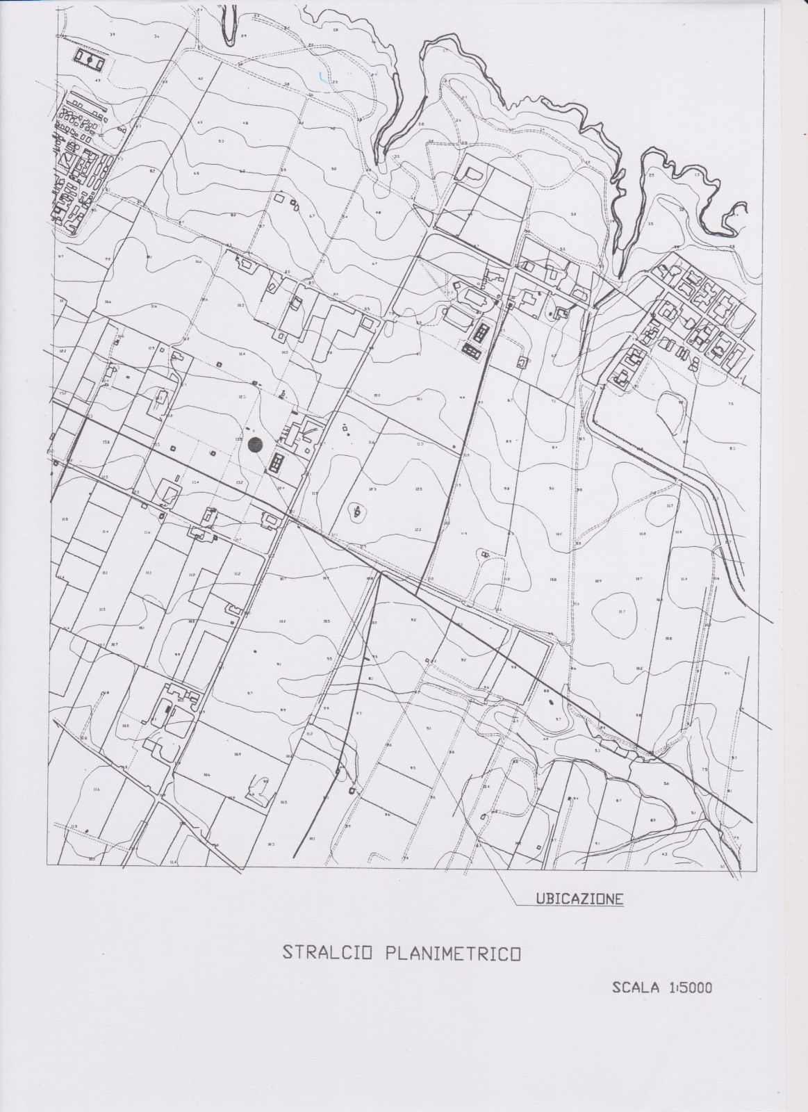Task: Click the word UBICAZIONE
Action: pos(579,898)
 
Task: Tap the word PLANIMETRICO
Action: pos(452,952)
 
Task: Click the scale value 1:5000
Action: pos(691,987)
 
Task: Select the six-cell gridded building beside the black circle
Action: pos(277,463)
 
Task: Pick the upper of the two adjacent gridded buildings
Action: pos(479,332)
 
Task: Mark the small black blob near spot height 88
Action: pos(553,702)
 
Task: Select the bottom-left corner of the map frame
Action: pos(47,866)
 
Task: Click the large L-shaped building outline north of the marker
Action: pos(339,334)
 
